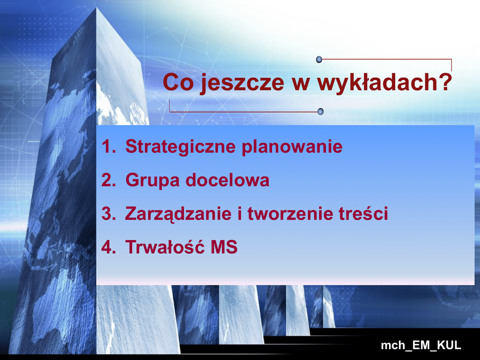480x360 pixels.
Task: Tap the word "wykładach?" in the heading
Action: coord(384,82)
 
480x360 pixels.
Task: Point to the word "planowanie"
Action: coord(292,147)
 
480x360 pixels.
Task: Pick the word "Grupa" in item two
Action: coord(152,180)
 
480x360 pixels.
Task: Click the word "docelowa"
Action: coord(228,180)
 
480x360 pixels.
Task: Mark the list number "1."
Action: coord(109,146)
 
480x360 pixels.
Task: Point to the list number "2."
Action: coord(109,180)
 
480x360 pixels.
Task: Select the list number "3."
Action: coord(109,213)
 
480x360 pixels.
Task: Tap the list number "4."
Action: coord(109,247)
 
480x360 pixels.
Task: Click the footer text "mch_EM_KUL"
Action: coord(421,345)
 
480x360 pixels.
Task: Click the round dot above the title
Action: coord(319,60)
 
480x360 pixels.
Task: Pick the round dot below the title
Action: coord(321,112)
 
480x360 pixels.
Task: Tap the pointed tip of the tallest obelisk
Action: coord(97,8)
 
